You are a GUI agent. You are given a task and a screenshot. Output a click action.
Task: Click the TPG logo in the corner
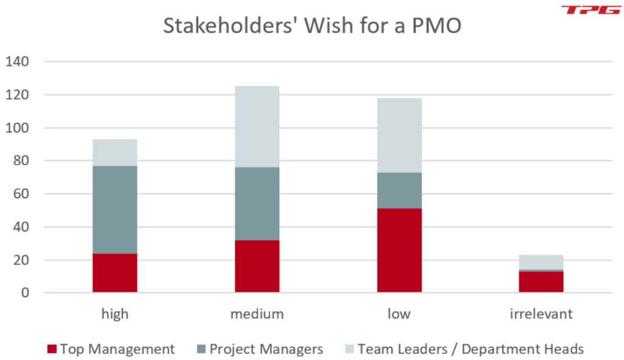pyautogui.click(x=587, y=10)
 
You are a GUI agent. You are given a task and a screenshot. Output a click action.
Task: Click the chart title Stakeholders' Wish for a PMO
pyautogui.click(x=312, y=27)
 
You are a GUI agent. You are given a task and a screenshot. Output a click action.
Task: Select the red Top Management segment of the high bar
pyautogui.click(x=115, y=273)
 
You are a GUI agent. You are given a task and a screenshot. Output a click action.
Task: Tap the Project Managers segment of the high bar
pyautogui.click(x=115, y=210)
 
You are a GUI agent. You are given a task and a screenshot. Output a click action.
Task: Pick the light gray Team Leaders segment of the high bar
pyautogui.click(x=115, y=152)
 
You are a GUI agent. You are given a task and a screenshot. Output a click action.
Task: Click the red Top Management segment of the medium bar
pyautogui.click(x=257, y=266)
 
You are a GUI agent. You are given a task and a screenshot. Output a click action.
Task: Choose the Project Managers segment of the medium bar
pyautogui.click(x=257, y=203)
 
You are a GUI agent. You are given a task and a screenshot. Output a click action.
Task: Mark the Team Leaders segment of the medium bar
pyautogui.click(x=257, y=127)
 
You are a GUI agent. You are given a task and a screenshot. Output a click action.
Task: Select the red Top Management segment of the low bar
pyautogui.click(x=399, y=250)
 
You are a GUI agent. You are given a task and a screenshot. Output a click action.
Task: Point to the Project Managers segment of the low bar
pyautogui.click(x=399, y=191)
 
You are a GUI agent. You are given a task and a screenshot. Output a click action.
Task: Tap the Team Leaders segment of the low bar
pyautogui.click(x=399, y=135)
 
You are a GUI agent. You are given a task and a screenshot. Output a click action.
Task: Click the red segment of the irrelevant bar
pyautogui.click(x=541, y=282)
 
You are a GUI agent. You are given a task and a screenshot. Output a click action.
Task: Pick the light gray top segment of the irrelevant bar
pyautogui.click(x=541, y=262)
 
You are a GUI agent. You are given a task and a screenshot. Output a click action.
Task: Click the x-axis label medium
pyautogui.click(x=257, y=314)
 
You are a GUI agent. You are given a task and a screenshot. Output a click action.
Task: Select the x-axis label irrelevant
pyautogui.click(x=541, y=314)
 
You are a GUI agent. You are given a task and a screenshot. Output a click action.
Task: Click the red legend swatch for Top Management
pyautogui.click(x=51, y=349)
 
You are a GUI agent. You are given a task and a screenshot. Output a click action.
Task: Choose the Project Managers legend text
pyautogui.click(x=266, y=349)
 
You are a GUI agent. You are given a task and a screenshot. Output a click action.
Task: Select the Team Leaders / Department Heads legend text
pyautogui.click(x=470, y=349)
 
